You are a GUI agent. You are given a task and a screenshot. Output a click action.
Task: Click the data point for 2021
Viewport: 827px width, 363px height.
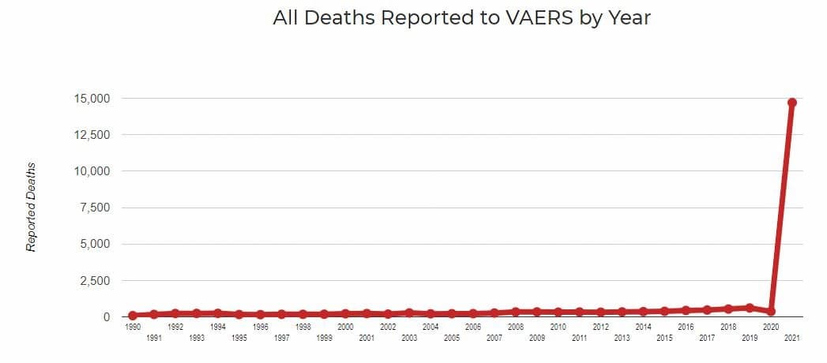791,103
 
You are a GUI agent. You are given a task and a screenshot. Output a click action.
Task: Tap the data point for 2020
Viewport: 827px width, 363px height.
770,311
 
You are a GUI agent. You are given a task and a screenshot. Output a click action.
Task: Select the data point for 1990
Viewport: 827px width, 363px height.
133,315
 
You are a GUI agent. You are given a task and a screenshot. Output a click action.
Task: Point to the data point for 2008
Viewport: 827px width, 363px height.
516,312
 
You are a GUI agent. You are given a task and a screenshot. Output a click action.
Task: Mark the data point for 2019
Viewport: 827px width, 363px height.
749,308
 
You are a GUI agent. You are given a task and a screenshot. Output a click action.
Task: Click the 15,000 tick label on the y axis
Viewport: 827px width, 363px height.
91,99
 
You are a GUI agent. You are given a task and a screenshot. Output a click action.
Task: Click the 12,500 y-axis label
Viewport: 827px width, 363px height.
91,135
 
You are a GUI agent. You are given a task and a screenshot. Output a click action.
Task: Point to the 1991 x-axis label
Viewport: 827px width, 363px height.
154,338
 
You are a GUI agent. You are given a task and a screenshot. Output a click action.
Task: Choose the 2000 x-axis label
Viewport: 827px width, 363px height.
345,327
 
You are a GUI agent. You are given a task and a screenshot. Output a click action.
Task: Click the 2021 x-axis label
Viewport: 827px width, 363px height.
791,338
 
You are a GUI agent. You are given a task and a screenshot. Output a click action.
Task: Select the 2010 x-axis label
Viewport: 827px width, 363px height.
558,327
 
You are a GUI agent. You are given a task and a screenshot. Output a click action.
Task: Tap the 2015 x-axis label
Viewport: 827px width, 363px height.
664,338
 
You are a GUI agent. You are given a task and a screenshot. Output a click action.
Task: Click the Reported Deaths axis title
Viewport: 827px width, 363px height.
32,207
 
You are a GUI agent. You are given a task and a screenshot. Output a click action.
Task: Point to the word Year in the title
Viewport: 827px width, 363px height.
629,18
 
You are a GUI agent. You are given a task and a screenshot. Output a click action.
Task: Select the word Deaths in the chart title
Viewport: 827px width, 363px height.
339,18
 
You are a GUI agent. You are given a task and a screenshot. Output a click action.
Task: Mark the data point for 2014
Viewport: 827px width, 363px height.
643,312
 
